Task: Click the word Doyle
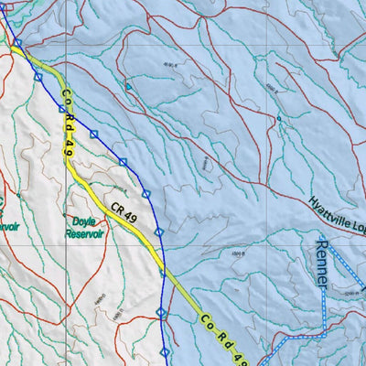83,221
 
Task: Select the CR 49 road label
126,212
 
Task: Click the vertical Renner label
320,261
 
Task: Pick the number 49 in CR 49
134,216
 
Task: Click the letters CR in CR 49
118,208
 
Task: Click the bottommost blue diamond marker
165,351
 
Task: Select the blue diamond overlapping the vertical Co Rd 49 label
62,108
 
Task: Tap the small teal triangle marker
128,87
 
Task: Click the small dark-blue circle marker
279,118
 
